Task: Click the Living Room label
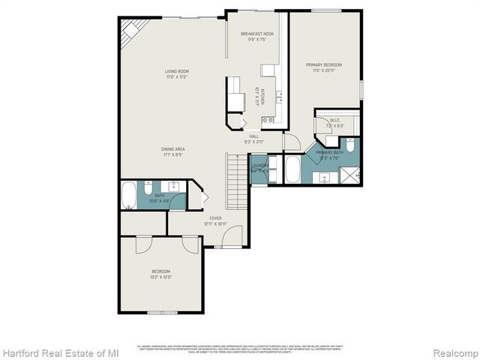[177, 72]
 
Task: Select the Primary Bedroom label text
[323, 65]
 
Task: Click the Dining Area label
[172, 149]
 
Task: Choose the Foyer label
[215, 218]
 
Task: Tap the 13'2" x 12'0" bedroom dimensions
[161, 277]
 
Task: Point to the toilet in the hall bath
[181, 199]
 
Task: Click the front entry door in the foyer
[232, 238]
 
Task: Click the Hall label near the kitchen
[254, 136]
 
